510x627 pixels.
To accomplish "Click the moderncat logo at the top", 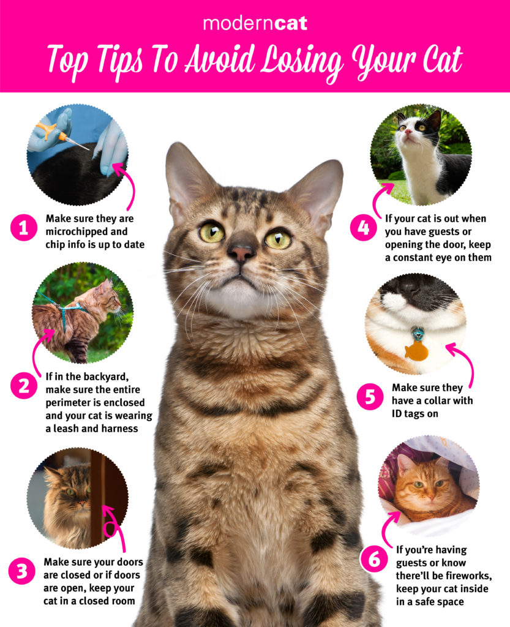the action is (x=255, y=24).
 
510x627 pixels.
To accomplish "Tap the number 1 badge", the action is (x=24, y=228).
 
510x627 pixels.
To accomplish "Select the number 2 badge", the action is (x=24, y=386).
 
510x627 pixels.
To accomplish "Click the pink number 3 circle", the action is (x=22, y=571).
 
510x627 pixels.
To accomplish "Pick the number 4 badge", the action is (x=363, y=228).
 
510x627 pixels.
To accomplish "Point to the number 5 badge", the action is (x=370, y=397).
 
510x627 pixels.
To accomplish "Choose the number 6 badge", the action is (x=373, y=559).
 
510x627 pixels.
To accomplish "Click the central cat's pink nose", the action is (x=242, y=253).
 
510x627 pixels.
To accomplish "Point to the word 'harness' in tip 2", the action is (x=119, y=429).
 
